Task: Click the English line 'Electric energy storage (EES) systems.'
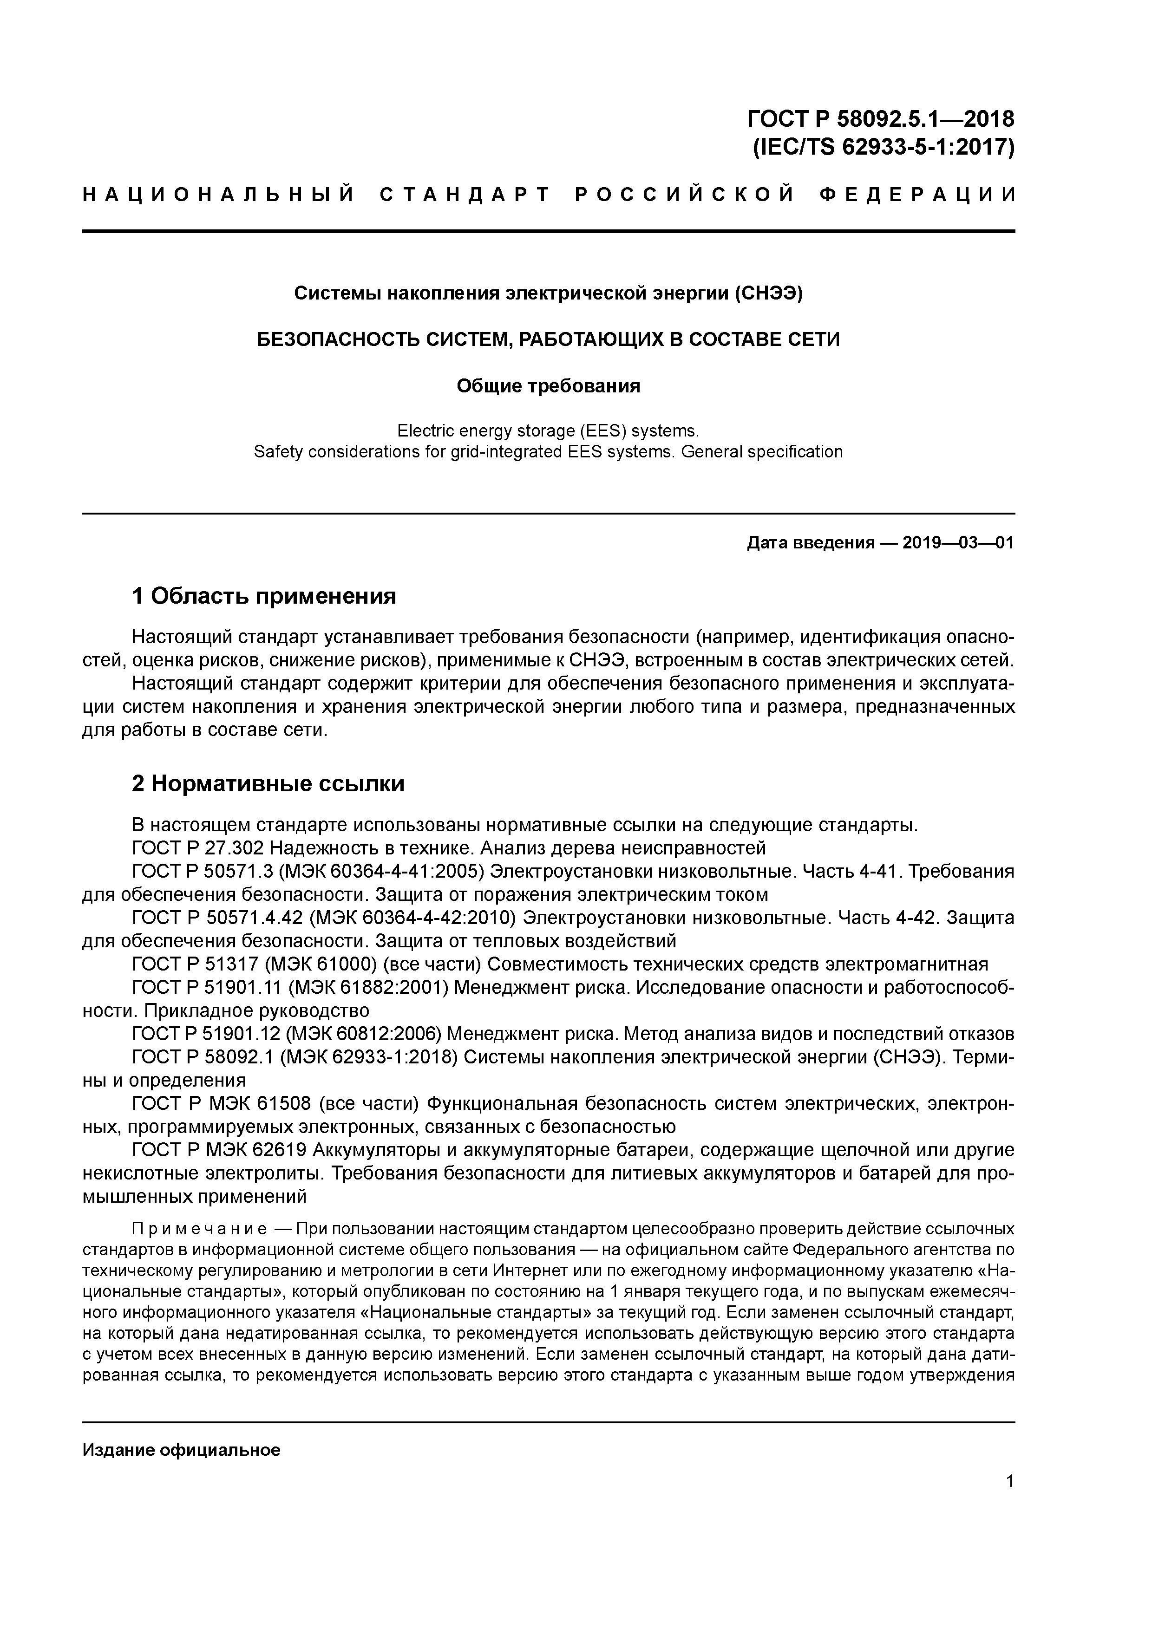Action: coord(548,430)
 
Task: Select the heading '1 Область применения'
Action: coord(264,596)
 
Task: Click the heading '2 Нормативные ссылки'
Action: coord(268,783)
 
